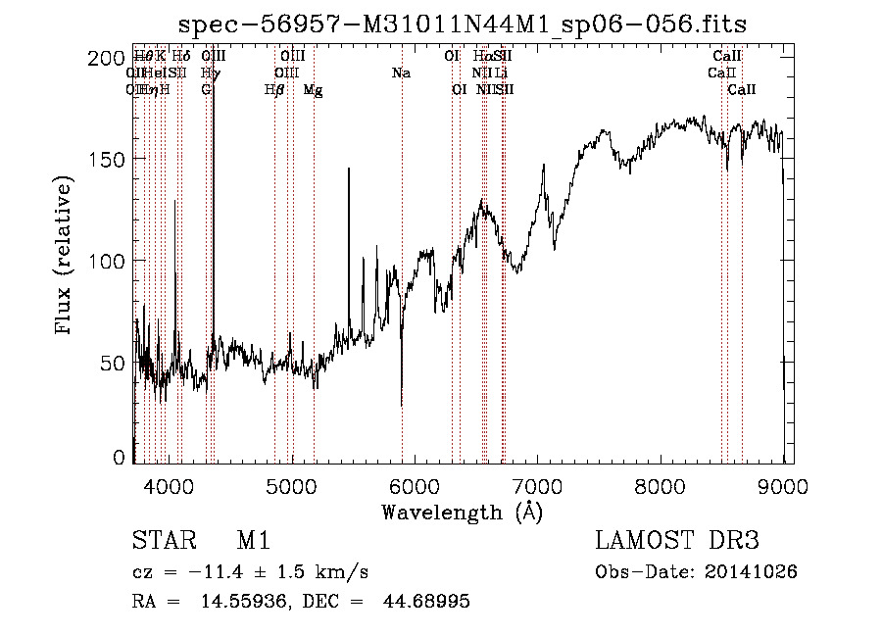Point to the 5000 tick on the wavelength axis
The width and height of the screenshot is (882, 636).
[x=292, y=485]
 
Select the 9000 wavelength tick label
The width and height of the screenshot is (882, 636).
[x=783, y=485]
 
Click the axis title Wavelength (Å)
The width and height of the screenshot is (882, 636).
[x=463, y=512]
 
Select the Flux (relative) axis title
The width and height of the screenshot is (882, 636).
[x=66, y=257]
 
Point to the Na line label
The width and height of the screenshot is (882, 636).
[x=401, y=73]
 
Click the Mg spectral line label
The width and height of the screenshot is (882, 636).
[x=313, y=90]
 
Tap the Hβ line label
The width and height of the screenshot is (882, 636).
[x=274, y=90]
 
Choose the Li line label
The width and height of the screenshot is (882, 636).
[x=501, y=73]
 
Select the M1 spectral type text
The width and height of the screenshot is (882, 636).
[x=254, y=542]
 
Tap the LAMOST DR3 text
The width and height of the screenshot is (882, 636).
[x=677, y=542]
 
